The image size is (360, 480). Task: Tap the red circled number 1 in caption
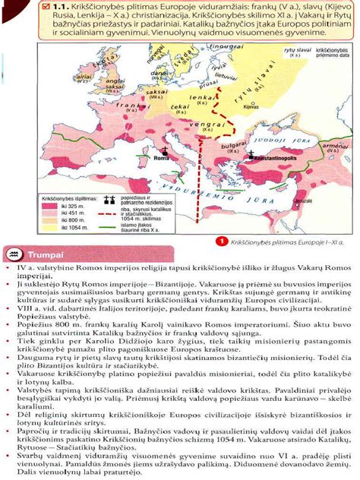[x=221, y=242]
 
